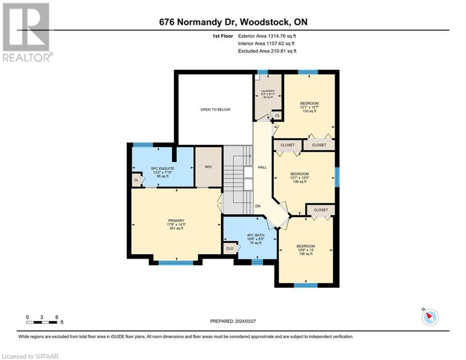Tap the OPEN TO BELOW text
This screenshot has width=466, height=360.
[215, 110]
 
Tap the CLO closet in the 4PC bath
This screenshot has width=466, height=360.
[230, 248]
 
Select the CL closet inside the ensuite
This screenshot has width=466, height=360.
[136, 180]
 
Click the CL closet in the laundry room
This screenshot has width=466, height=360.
[277, 115]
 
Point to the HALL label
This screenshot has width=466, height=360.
[262, 167]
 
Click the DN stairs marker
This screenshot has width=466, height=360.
[258, 206]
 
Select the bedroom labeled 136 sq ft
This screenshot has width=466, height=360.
[305, 250]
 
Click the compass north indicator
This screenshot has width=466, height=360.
[429, 317]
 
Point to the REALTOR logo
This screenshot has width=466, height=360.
[27, 32]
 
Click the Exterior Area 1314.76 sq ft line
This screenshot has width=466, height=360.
[267, 36]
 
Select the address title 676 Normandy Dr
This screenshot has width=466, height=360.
[233, 22]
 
